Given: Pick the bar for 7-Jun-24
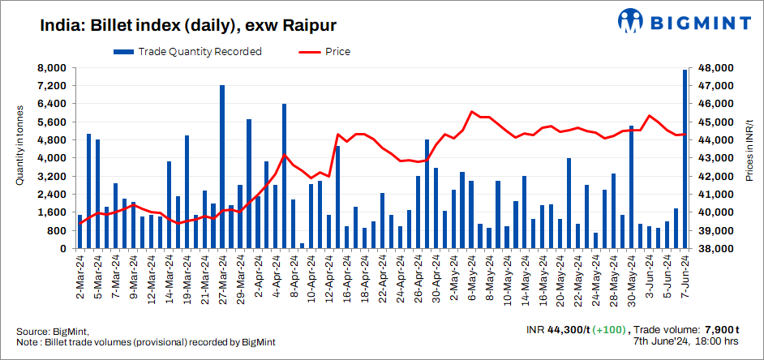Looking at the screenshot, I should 685,159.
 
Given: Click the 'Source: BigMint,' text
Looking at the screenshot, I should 52,332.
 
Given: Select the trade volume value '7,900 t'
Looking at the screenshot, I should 721,330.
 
